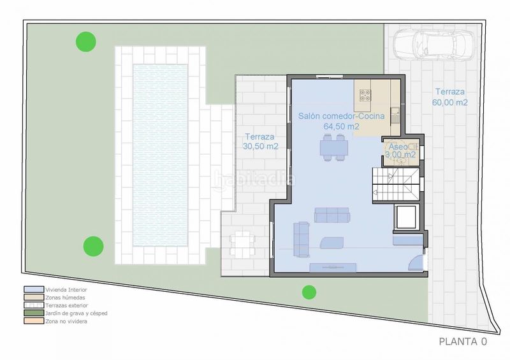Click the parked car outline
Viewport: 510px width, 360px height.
pos(433,45)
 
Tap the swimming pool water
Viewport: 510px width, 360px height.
pos(161,155)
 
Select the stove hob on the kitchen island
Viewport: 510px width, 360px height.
pos(365,95)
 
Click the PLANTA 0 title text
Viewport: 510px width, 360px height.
pos(463,342)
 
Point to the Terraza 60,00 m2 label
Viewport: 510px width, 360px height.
pos(450,97)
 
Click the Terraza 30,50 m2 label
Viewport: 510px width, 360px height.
pos(260,141)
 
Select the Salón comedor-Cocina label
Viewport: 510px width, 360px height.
pos(342,116)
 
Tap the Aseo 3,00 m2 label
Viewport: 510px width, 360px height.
pos(400,151)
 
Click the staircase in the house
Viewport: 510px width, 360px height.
pos(396,185)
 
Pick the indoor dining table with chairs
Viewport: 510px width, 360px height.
pos(334,148)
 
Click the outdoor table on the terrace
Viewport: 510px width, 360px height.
pos(242,243)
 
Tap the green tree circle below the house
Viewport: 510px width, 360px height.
pos(309,292)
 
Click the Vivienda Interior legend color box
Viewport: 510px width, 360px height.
pos(34,289)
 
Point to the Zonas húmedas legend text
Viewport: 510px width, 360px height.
pos(65,298)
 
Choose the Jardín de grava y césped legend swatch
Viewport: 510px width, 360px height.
pos(34,313)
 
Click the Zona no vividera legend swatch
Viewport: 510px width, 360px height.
pos(34,321)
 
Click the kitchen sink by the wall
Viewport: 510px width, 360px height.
pos(395,115)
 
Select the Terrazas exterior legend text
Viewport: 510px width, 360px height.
pos(67,305)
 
